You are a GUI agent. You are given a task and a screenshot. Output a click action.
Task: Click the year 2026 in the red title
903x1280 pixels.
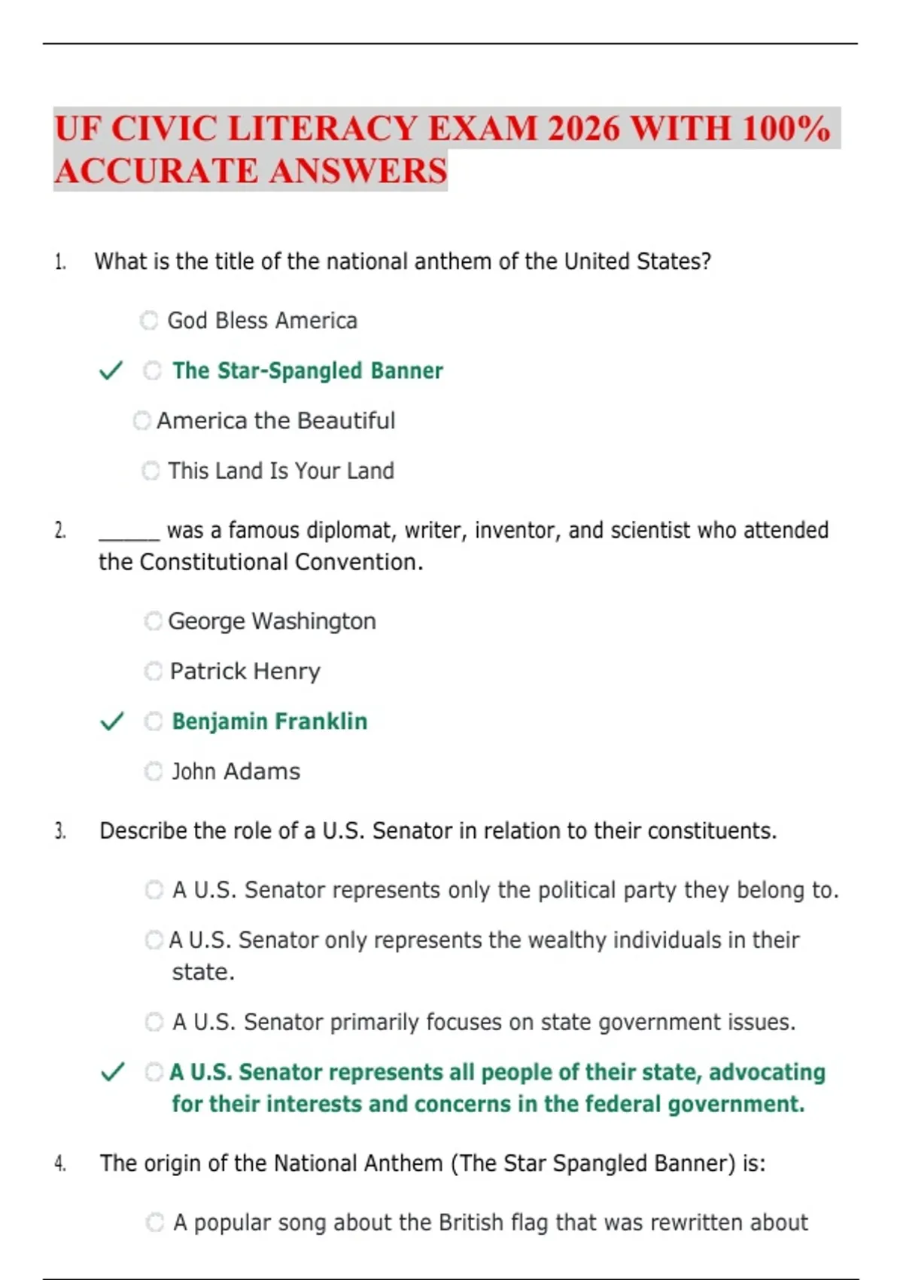point(584,129)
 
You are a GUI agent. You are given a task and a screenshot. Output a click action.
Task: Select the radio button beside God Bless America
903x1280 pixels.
point(149,321)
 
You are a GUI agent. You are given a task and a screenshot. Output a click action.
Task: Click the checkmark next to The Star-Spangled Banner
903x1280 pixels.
point(111,370)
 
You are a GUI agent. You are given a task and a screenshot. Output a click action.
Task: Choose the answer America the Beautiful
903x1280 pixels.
point(275,421)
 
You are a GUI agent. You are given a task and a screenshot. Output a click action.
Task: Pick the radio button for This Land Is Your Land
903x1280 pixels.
point(150,471)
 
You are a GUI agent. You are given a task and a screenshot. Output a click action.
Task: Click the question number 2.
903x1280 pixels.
point(60,531)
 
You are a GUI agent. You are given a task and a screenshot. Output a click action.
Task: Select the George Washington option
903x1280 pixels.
point(272,621)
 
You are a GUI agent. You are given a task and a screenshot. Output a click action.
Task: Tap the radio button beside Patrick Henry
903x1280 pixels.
point(153,671)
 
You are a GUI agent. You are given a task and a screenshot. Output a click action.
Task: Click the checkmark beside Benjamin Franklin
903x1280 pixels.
point(111,721)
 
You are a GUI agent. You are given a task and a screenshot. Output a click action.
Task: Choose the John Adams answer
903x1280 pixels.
point(236,772)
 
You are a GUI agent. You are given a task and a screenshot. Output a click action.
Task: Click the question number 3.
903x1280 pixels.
point(60,831)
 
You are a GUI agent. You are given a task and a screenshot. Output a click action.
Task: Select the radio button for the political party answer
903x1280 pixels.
point(154,890)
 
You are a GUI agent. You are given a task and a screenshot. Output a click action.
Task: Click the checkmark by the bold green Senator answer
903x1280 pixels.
point(112,1072)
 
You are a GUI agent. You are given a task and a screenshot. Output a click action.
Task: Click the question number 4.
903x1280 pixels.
point(60,1164)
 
